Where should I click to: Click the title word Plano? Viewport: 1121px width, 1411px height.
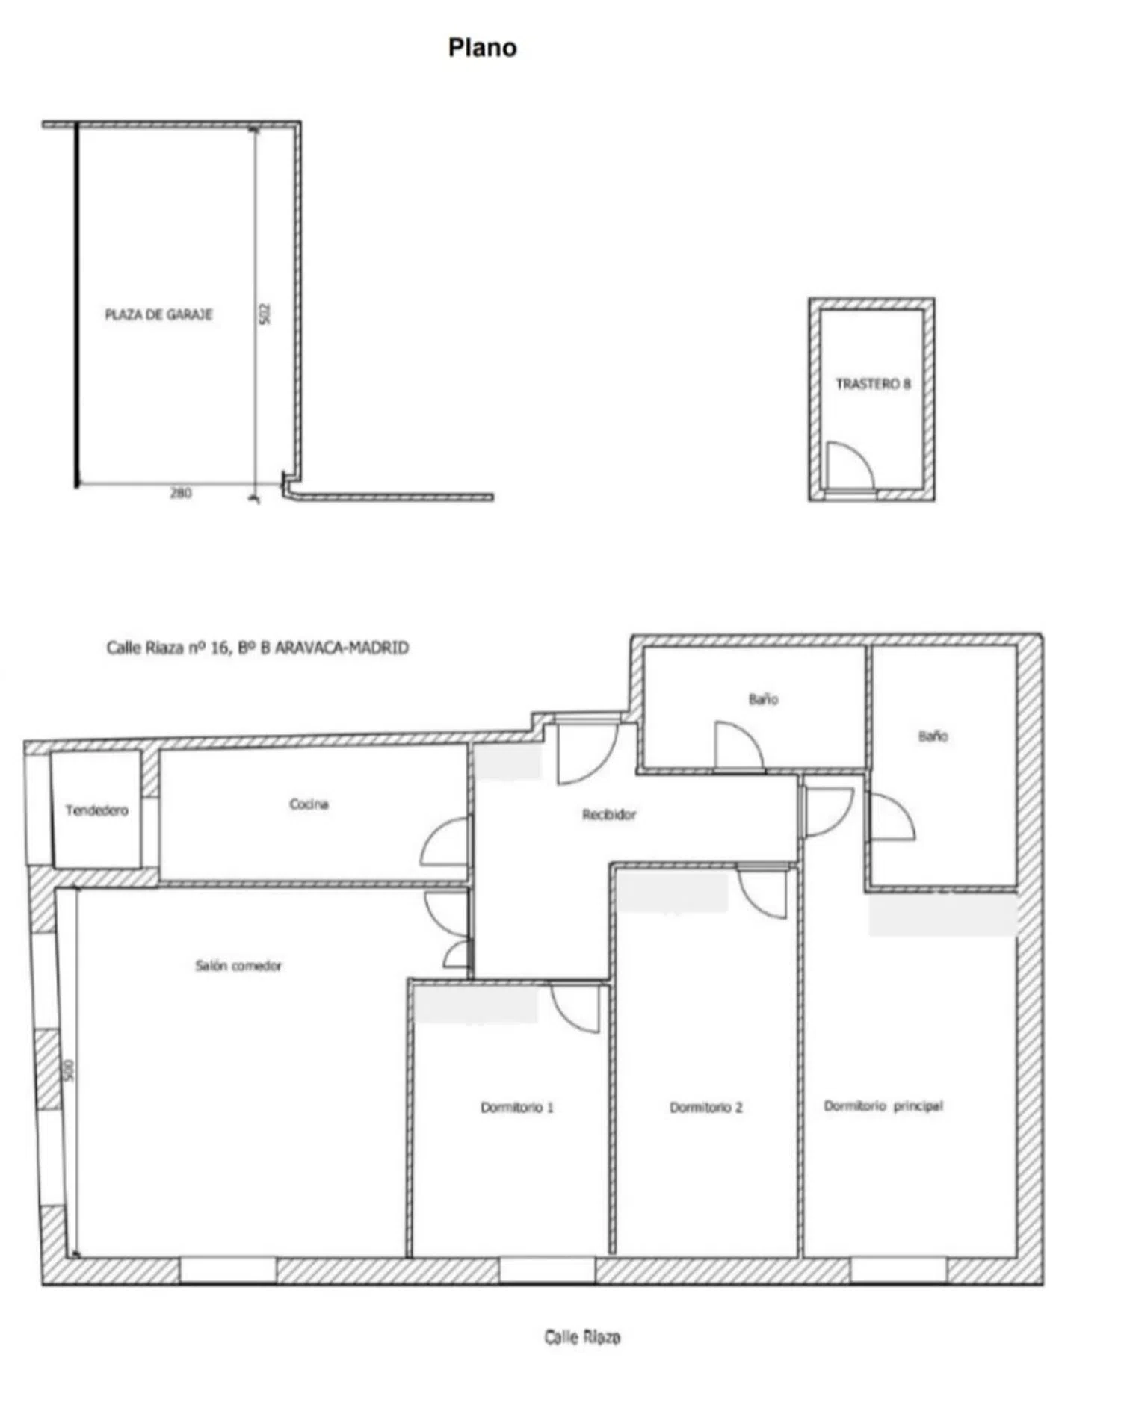coord(482,48)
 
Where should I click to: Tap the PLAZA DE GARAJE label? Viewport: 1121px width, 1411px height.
coord(158,314)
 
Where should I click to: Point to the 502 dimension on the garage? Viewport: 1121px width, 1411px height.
coord(265,313)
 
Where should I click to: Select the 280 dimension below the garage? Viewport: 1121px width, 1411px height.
coord(181,493)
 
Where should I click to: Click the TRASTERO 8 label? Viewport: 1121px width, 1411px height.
coord(873,384)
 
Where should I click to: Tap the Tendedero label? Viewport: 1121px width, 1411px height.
coord(96,810)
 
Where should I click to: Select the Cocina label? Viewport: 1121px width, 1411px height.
coord(309,804)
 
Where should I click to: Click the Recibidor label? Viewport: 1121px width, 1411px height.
coord(609,814)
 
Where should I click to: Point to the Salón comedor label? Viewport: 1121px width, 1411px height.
coord(238,965)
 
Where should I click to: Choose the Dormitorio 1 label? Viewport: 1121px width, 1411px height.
coord(516,1107)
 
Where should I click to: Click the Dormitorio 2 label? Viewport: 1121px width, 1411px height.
coord(705,1107)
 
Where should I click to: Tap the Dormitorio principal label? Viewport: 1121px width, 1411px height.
coord(883,1105)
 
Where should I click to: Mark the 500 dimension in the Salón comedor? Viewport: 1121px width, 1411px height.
coord(70,1070)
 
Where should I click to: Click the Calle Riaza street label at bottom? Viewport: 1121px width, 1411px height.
coord(582,1336)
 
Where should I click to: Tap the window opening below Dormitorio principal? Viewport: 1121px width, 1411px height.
coord(898,1271)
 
